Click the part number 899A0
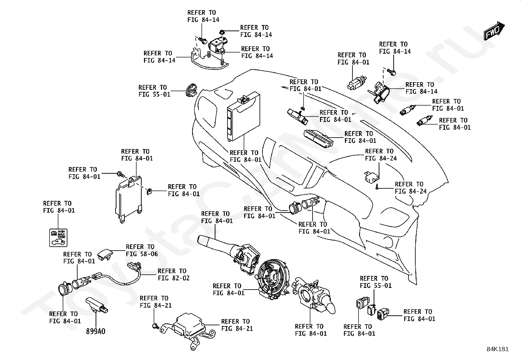point(96,331)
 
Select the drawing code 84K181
point(497,349)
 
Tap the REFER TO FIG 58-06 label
point(142,250)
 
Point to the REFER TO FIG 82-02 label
point(173,274)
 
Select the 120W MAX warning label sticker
point(58,237)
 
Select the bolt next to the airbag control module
point(155,326)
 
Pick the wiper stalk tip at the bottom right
point(330,309)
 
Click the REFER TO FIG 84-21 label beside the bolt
point(155,302)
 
